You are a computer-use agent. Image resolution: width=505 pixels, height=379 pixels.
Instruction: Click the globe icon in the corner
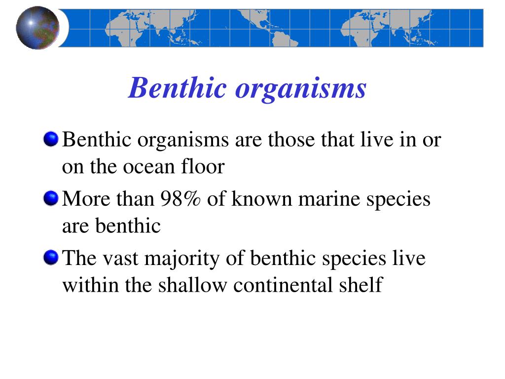[x=37, y=28]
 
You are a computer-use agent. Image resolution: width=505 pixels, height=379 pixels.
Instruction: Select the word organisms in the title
[x=300, y=89]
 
